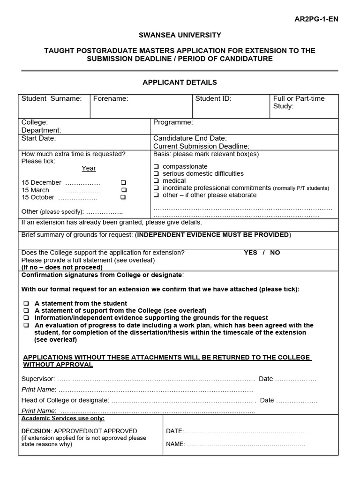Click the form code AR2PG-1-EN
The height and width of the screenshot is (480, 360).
tap(316, 19)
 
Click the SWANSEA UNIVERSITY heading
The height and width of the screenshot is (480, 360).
tap(180, 35)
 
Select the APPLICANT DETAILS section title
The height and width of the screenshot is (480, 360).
tap(180, 82)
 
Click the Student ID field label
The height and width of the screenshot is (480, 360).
tap(213, 98)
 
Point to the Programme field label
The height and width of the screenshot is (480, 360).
tap(173, 122)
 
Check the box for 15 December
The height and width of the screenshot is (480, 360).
tap(123, 182)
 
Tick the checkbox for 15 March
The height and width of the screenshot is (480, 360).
tap(124, 190)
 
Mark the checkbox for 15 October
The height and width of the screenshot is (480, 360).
tap(123, 197)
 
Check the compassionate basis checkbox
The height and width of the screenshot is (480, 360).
tap(156, 167)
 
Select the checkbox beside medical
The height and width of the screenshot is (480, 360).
tap(156, 181)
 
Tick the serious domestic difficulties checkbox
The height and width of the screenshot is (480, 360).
tap(156, 174)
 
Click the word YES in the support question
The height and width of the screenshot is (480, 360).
tap(250, 253)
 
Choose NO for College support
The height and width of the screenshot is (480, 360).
tap(275, 253)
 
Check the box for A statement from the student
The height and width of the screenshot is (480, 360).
tap(26, 304)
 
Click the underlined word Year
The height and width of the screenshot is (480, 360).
tap(89, 168)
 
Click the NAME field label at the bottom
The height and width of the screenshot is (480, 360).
tap(176, 444)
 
